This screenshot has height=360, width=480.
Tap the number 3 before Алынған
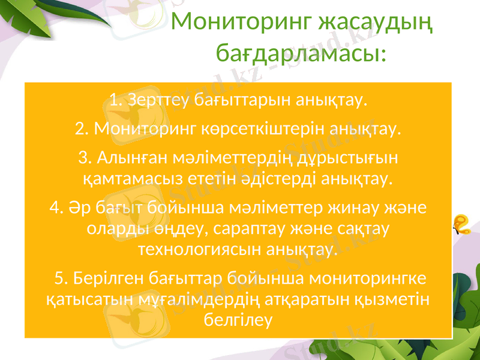(83, 158)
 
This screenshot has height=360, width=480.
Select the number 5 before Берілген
(59, 278)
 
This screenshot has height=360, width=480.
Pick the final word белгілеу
(238, 319)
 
